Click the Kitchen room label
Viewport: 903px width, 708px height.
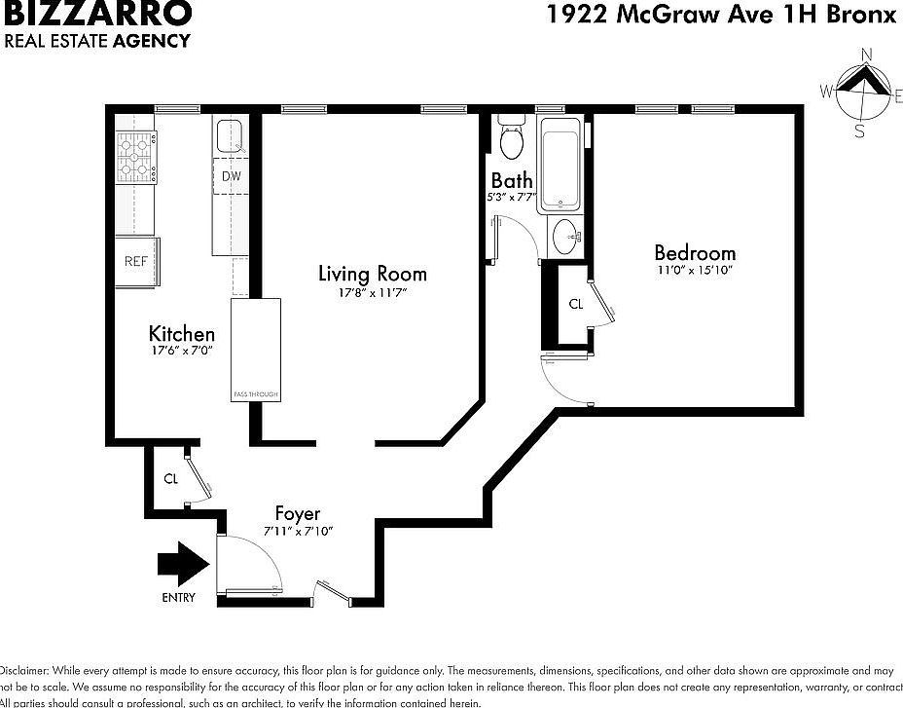(x=181, y=334)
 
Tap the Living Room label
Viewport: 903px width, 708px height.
(x=372, y=274)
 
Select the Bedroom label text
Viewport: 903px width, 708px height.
(x=694, y=253)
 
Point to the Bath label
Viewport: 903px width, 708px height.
(x=512, y=180)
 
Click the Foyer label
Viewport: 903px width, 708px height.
(x=298, y=513)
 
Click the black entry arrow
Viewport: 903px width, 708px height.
(x=183, y=563)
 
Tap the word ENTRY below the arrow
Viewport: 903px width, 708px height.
(x=178, y=597)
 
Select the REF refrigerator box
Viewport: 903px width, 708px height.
(x=135, y=261)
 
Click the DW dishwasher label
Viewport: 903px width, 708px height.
(x=231, y=176)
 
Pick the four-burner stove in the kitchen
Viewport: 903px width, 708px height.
(x=137, y=158)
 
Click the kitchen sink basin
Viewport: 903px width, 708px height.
(x=231, y=135)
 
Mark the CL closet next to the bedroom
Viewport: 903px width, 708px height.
(x=575, y=304)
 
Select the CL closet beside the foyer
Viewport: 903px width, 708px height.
(x=170, y=478)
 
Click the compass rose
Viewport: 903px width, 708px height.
(x=860, y=92)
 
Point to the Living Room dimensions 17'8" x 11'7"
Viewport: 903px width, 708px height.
(x=372, y=292)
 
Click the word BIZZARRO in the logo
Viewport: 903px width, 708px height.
(x=98, y=14)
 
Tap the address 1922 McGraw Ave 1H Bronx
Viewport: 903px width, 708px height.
(x=720, y=14)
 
